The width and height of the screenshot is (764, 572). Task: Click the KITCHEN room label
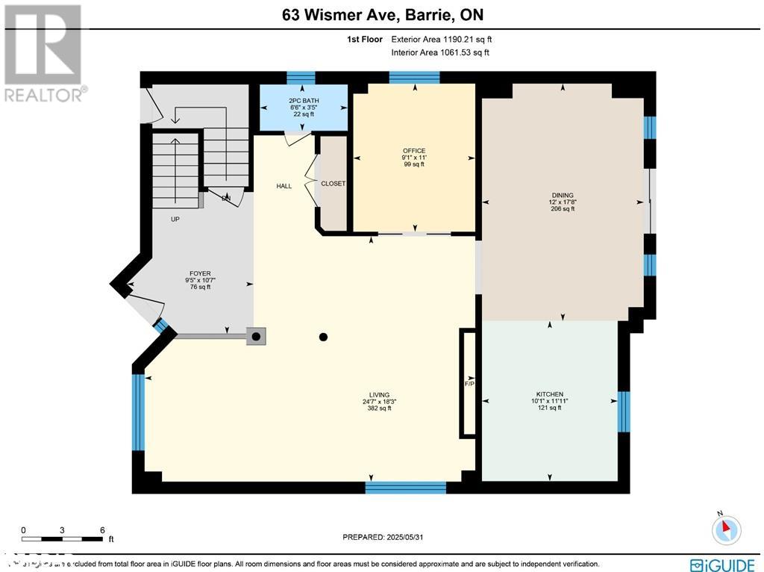click(549, 394)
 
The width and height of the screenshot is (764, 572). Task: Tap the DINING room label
click(562, 196)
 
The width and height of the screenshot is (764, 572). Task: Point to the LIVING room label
click(379, 395)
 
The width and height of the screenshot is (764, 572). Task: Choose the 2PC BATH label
click(303, 99)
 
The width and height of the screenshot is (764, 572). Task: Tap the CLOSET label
click(333, 184)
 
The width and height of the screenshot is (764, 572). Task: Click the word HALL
click(284, 186)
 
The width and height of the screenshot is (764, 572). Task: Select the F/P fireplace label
click(469, 384)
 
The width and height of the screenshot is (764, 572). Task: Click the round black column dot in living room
click(323, 338)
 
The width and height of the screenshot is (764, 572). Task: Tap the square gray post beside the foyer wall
click(256, 337)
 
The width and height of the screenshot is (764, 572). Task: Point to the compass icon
click(726, 529)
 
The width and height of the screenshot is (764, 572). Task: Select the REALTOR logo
click(44, 53)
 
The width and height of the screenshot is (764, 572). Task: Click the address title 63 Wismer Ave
click(382, 15)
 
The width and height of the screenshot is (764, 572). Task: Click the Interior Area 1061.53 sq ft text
click(440, 52)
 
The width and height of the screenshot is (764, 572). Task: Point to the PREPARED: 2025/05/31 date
click(386, 537)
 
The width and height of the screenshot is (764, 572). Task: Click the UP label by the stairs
click(175, 220)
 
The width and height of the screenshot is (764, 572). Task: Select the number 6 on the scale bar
click(102, 529)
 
